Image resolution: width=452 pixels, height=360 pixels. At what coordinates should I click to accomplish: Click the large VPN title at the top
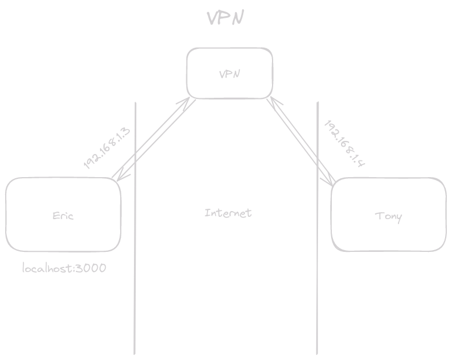(x=226, y=18)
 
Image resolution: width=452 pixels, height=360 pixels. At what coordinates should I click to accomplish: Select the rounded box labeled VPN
(x=229, y=74)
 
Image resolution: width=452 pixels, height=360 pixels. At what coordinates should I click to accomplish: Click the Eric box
(x=63, y=215)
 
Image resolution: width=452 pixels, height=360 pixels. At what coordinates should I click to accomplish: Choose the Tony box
(x=389, y=215)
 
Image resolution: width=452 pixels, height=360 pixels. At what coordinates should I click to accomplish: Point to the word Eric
(x=63, y=216)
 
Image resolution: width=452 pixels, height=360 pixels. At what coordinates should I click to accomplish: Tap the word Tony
(x=389, y=216)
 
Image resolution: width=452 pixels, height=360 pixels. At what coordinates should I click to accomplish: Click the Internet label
(x=228, y=213)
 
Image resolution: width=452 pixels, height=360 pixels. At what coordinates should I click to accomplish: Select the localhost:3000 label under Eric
(x=64, y=268)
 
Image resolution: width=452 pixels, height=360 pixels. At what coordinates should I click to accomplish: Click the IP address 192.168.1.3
(x=107, y=148)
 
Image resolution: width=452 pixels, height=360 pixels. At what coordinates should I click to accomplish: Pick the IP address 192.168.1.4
(x=346, y=143)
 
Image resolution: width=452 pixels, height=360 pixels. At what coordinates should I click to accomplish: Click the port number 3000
(x=90, y=268)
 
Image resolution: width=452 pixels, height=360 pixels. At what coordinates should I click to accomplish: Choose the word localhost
(x=47, y=268)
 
